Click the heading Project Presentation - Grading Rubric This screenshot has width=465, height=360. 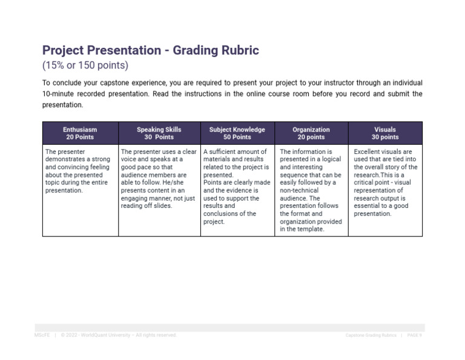tap(150, 50)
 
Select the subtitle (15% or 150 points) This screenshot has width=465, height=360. tap(85, 65)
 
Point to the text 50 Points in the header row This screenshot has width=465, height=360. tap(237, 138)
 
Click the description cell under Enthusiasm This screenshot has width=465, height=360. tap(80, 171)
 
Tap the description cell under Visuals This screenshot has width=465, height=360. tap(385, 182)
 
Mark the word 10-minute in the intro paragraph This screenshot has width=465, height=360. tap(58, 94)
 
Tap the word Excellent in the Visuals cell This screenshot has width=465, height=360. tap(369, 152)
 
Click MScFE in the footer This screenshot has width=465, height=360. tap(42, 335)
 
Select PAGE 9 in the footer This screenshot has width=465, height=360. tap(414, 335)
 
